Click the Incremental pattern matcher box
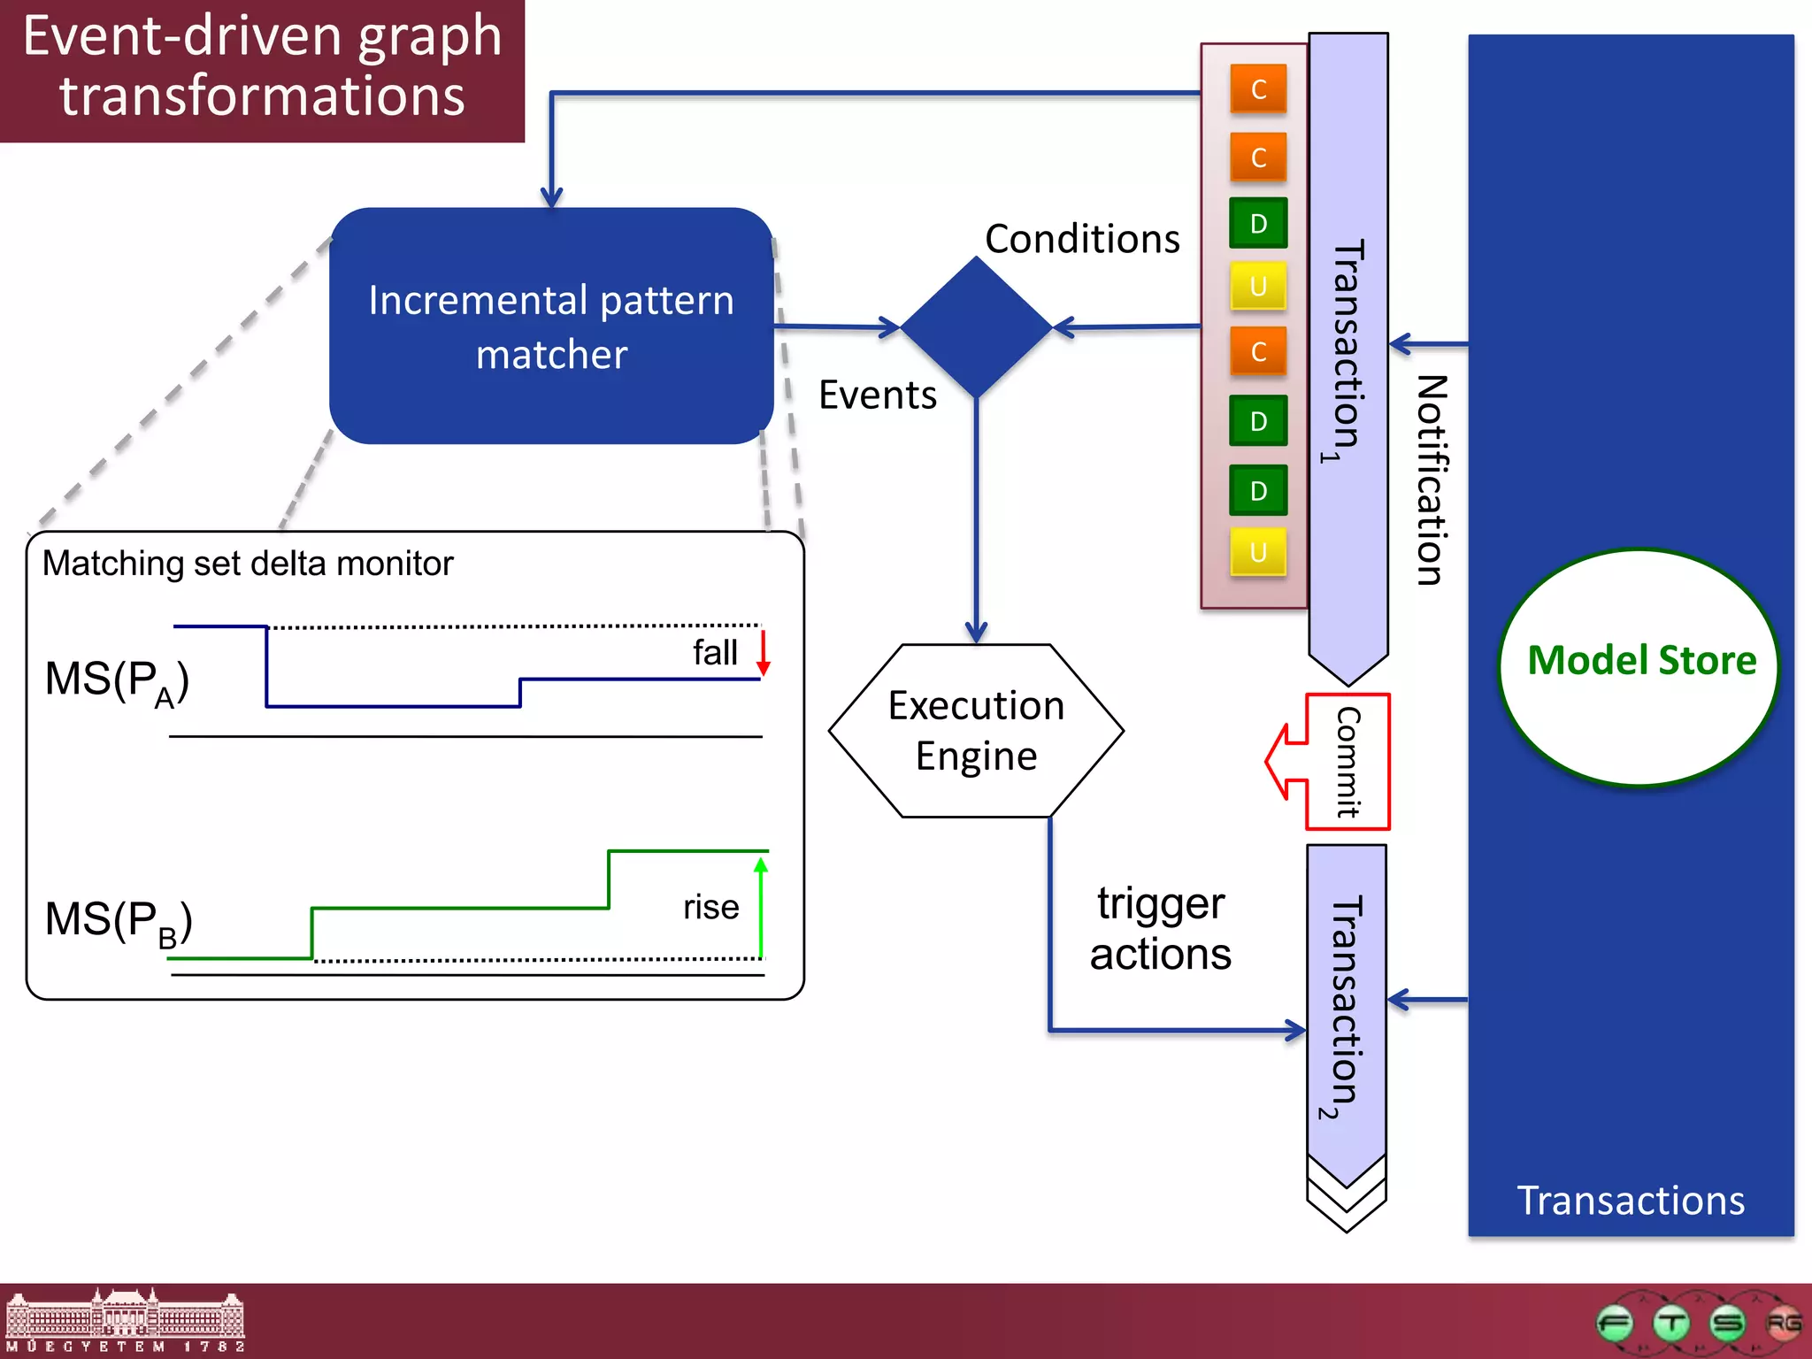click(x=550, y=326)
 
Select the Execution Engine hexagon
click(x=976, y=731)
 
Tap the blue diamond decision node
click(x=976, y=326)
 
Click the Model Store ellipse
click(x=1639, y=665)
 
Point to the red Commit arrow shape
click(x=1327, y=761)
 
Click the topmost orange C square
click(x=1257, y=88)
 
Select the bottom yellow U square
click(x=1257, y=552)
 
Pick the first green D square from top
click(x=1257, y=223)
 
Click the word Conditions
click(x=1082, y=239)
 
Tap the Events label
click(x=877, y=395)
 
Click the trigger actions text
click(x=1160, y=929)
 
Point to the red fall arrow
click(x=764, y=653)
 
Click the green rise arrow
click(x=761, y=907)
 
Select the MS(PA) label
click(x=117, y=682)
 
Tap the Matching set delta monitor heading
click(x=248, y=564)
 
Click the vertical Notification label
click(x=1431, y=480)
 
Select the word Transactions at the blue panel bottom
click(x=1630, y=1201)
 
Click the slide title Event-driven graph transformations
click(x=262, y=66)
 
